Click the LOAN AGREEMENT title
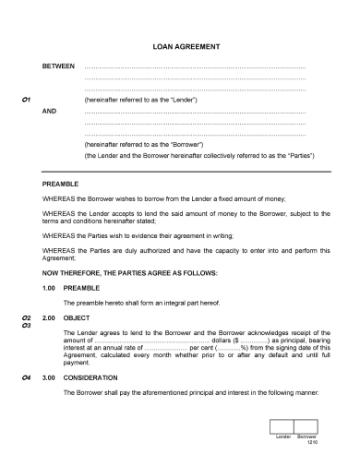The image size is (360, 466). [x=180, y=46]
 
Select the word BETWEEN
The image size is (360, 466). [x=59, y=67]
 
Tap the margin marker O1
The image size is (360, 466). [x=26, y=98]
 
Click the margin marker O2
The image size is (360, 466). [x=26, y=317]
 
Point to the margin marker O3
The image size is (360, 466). [x=26, y=325]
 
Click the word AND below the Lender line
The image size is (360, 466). [x=51, y=110]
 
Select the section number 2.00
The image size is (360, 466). [x=51, y=317]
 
